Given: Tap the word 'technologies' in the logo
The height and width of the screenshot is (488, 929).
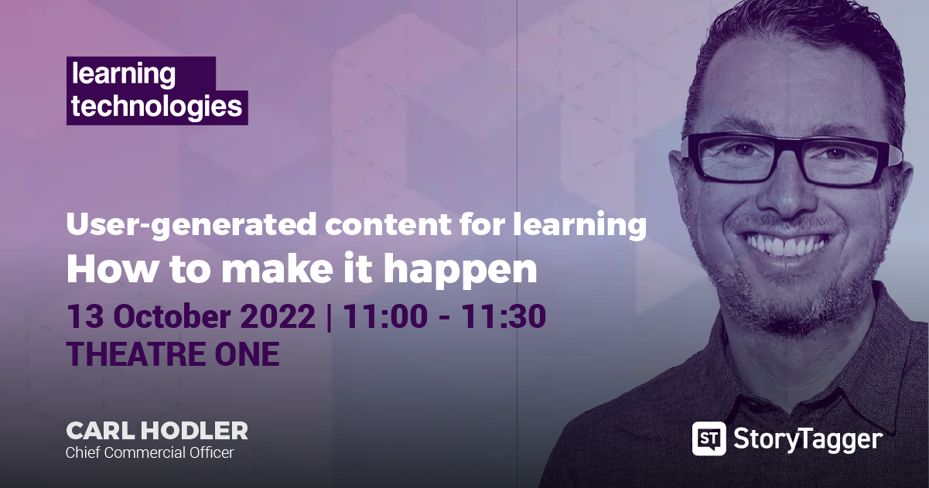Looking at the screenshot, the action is tap(157, 107).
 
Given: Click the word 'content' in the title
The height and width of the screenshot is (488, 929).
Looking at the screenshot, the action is tap(388, 225).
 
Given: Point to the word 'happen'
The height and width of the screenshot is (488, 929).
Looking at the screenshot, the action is tap(460, 270).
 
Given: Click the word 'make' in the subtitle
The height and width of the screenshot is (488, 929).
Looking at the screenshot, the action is tap(277, 268).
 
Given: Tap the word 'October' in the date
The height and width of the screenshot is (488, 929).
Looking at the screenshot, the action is tap(172, 316).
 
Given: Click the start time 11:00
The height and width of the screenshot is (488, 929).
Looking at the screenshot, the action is tap(385, 316).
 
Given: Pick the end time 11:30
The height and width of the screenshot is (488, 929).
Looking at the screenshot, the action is tap(504, 316).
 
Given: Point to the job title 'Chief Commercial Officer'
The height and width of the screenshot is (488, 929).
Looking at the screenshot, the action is tap(150, 452).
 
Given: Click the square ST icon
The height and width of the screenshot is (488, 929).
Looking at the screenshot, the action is tap(709, 439).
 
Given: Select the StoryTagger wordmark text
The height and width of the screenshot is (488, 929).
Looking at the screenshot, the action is tap(808, 439).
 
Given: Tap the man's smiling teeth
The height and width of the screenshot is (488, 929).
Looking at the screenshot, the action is tap(783, 245).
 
